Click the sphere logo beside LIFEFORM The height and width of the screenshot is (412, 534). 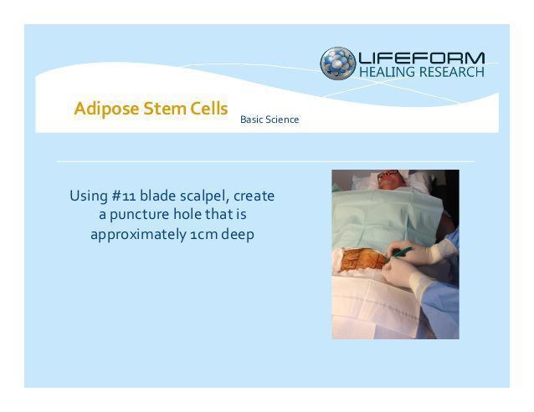[x=337, y=64]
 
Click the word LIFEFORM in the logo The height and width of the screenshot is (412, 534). [x=422, y=58]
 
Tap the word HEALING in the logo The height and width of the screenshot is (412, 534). [x=388, y=72]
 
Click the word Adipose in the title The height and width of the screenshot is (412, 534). [x=106, y=109]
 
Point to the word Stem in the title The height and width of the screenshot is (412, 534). [x=165, y=109]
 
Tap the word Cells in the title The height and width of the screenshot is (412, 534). [x=208, y=109]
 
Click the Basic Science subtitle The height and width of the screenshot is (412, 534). [x=270, y=120]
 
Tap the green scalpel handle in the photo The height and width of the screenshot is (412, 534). [x=399, y=254]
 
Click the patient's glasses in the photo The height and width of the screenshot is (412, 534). [x=388, y=174]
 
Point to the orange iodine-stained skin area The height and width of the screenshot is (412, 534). [x=363, y=259]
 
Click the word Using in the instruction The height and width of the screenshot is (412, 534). [x=89, y=196]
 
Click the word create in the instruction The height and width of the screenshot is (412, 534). [x=254, y=196]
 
